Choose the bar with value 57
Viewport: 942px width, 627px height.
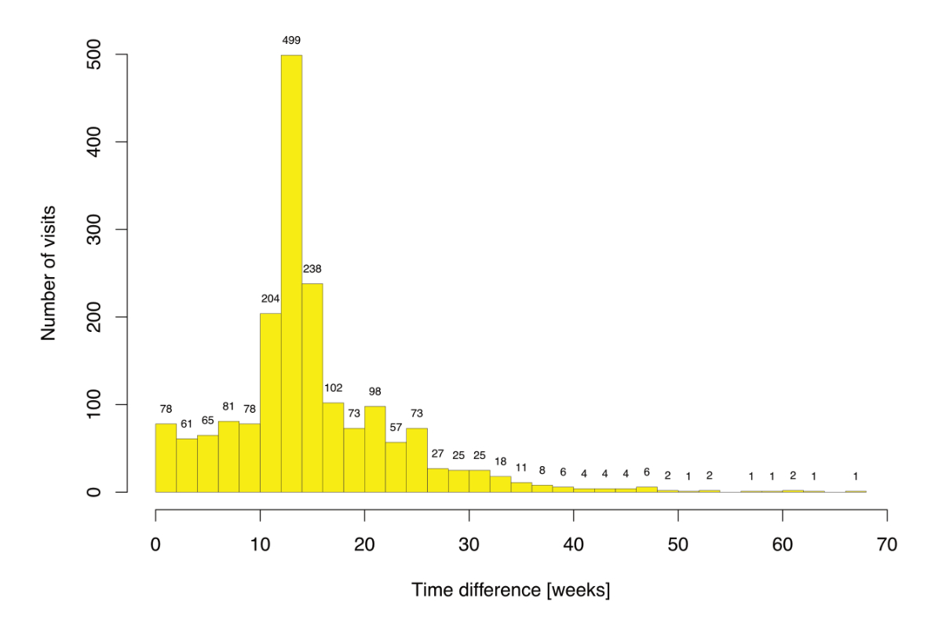[x=396, y=467]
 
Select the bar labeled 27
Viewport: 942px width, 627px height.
[x=437, y=480]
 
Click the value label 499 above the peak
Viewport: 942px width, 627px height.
[x=291, y=40]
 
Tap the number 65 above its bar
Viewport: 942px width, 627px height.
[x=207, y=420]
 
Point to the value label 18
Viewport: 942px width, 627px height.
[x=500, y=461]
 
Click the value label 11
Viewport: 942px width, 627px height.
[x=521, y=468]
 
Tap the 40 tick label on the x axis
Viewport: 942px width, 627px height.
[x=573, y=543]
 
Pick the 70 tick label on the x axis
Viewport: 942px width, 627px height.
[x=886, y=543]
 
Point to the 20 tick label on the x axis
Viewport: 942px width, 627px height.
[x=364, y=543]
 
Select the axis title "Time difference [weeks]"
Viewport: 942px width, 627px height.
[x=510, y=589]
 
